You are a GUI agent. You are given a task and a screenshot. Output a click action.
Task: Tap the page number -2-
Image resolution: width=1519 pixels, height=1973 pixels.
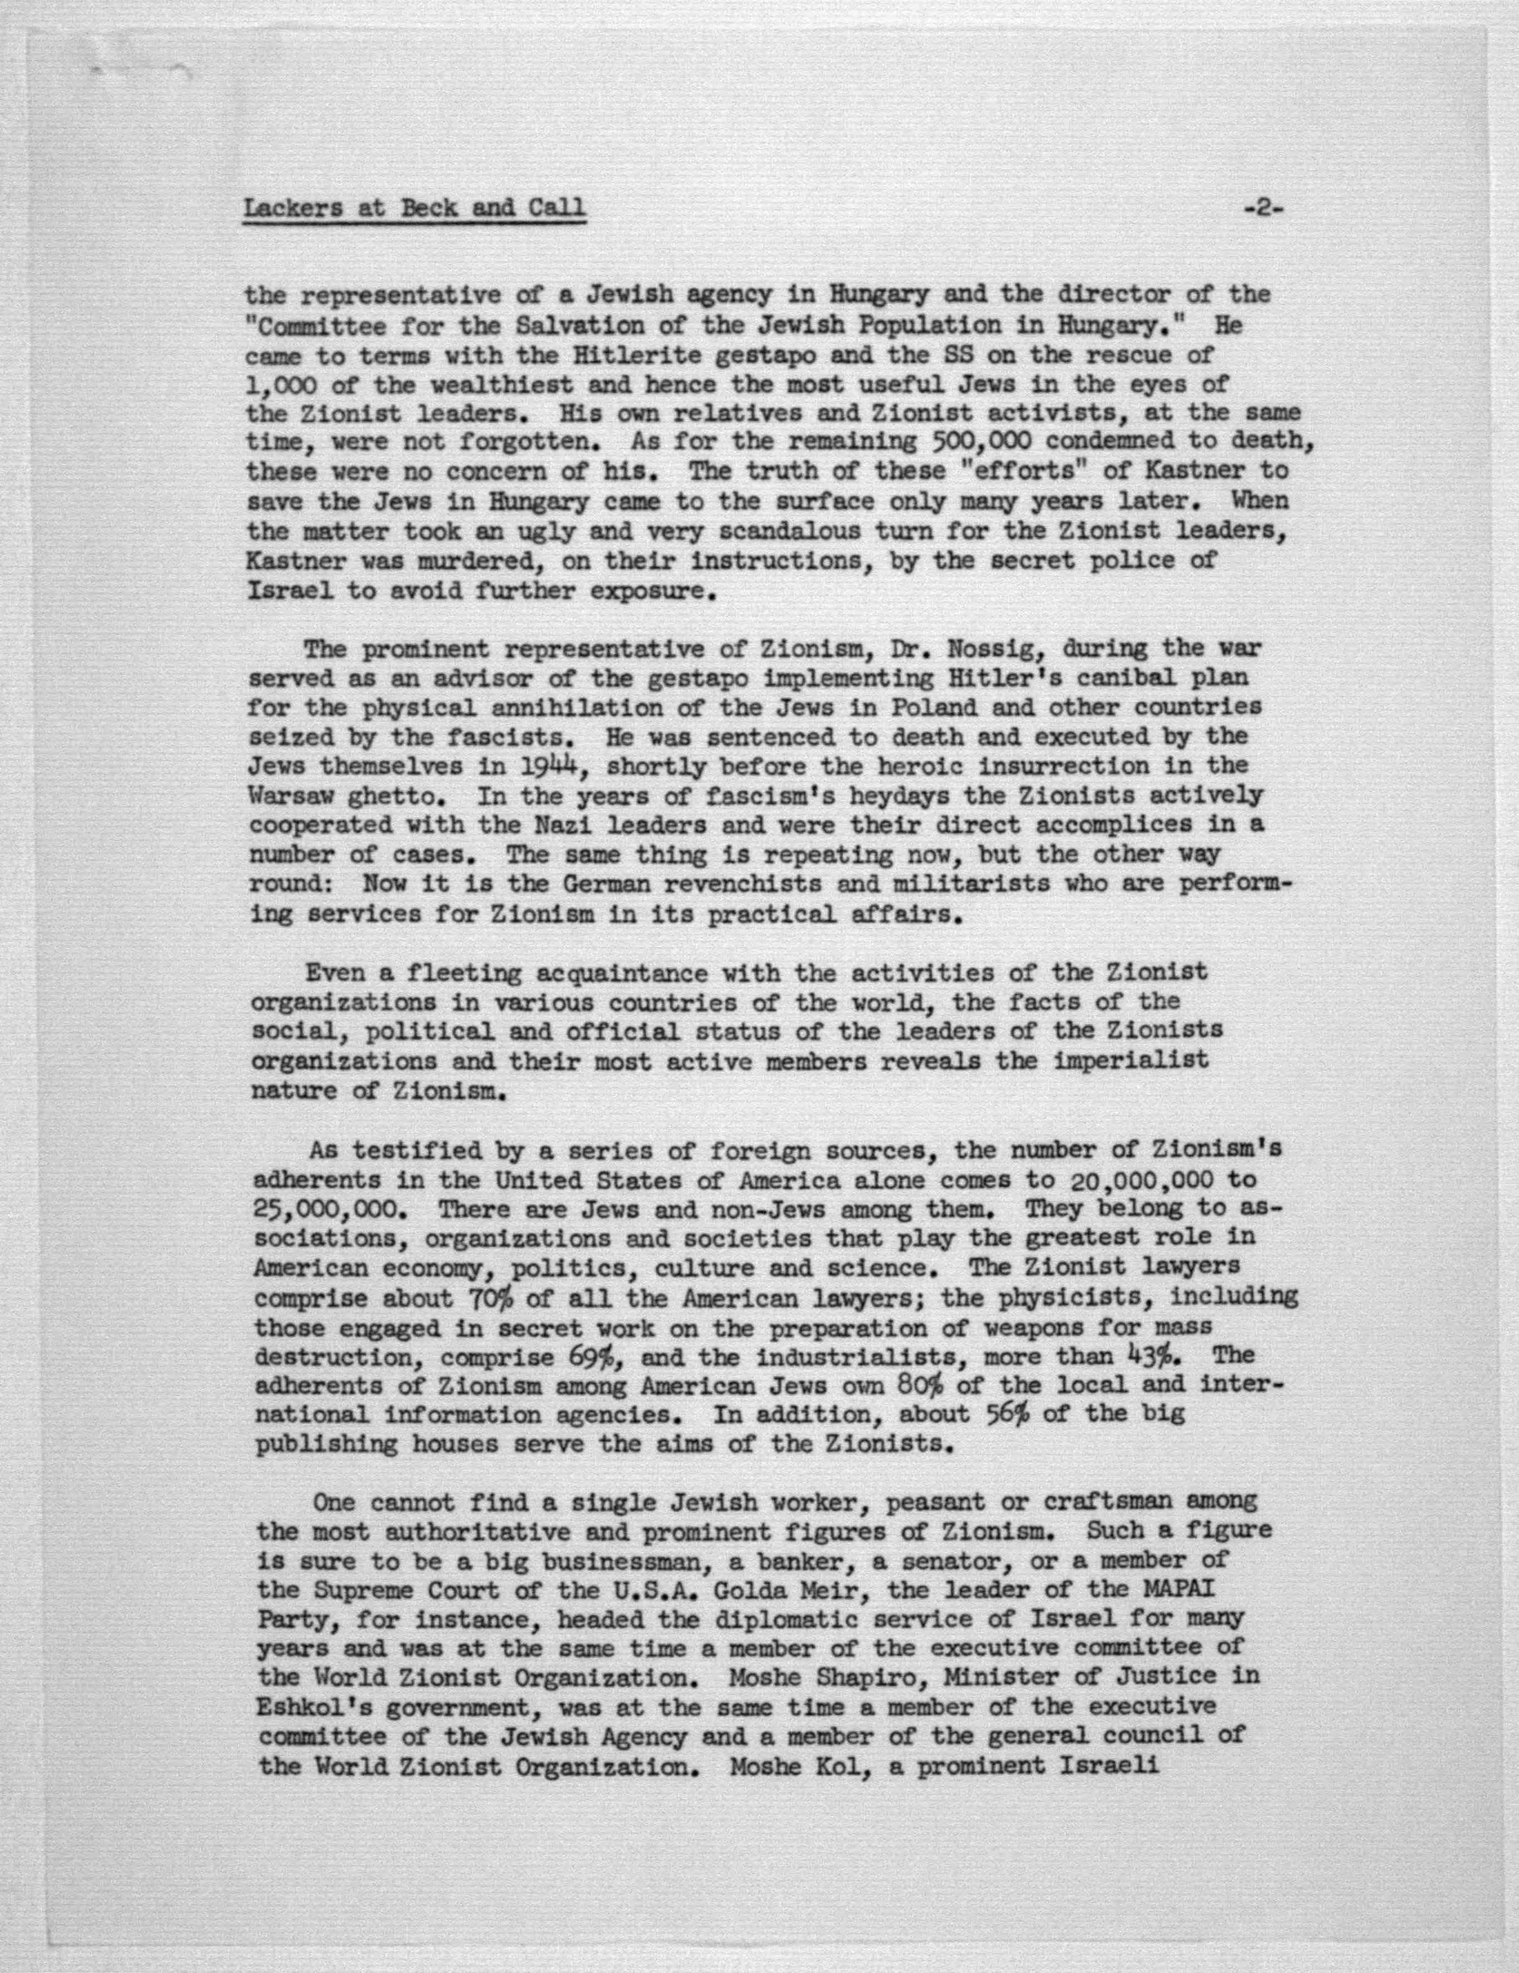[x=1263, y=209]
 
